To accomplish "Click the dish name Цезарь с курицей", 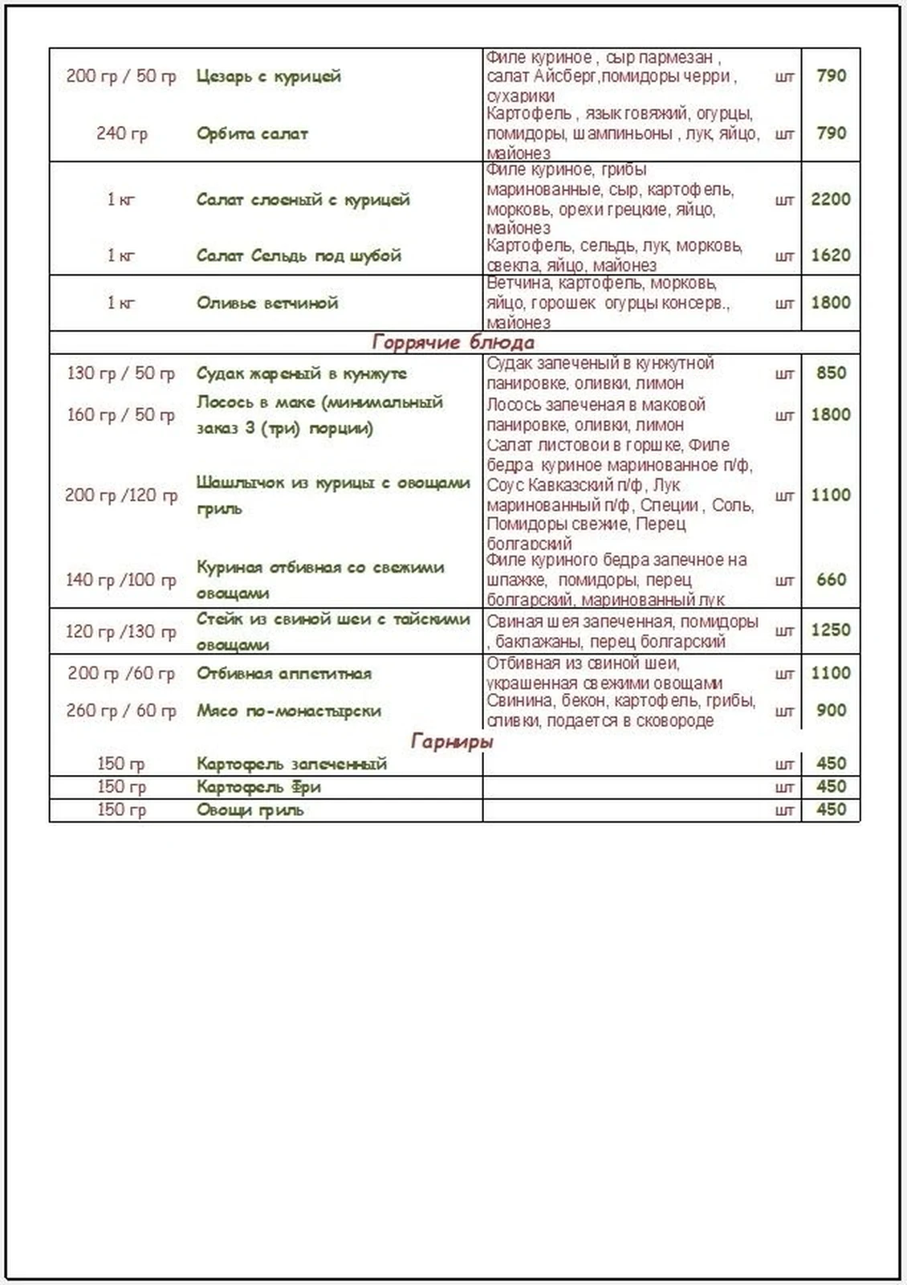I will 268,76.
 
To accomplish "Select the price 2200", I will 830,199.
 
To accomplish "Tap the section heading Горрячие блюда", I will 453,343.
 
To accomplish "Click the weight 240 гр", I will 122,133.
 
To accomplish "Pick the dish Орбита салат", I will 252,133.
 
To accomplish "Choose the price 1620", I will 830,255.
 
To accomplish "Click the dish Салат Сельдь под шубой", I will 299,255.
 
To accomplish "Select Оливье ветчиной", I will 267,303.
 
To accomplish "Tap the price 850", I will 831,373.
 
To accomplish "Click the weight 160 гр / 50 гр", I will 120,415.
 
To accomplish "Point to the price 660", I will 831,579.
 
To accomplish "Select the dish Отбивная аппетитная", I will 284,673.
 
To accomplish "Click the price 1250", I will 830,630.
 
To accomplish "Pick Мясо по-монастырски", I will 289,711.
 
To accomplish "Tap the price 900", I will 831,711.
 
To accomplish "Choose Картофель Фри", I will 258,787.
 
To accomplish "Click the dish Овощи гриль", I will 250,810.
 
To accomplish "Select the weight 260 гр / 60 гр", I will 120,711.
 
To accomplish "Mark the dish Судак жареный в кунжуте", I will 302,373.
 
